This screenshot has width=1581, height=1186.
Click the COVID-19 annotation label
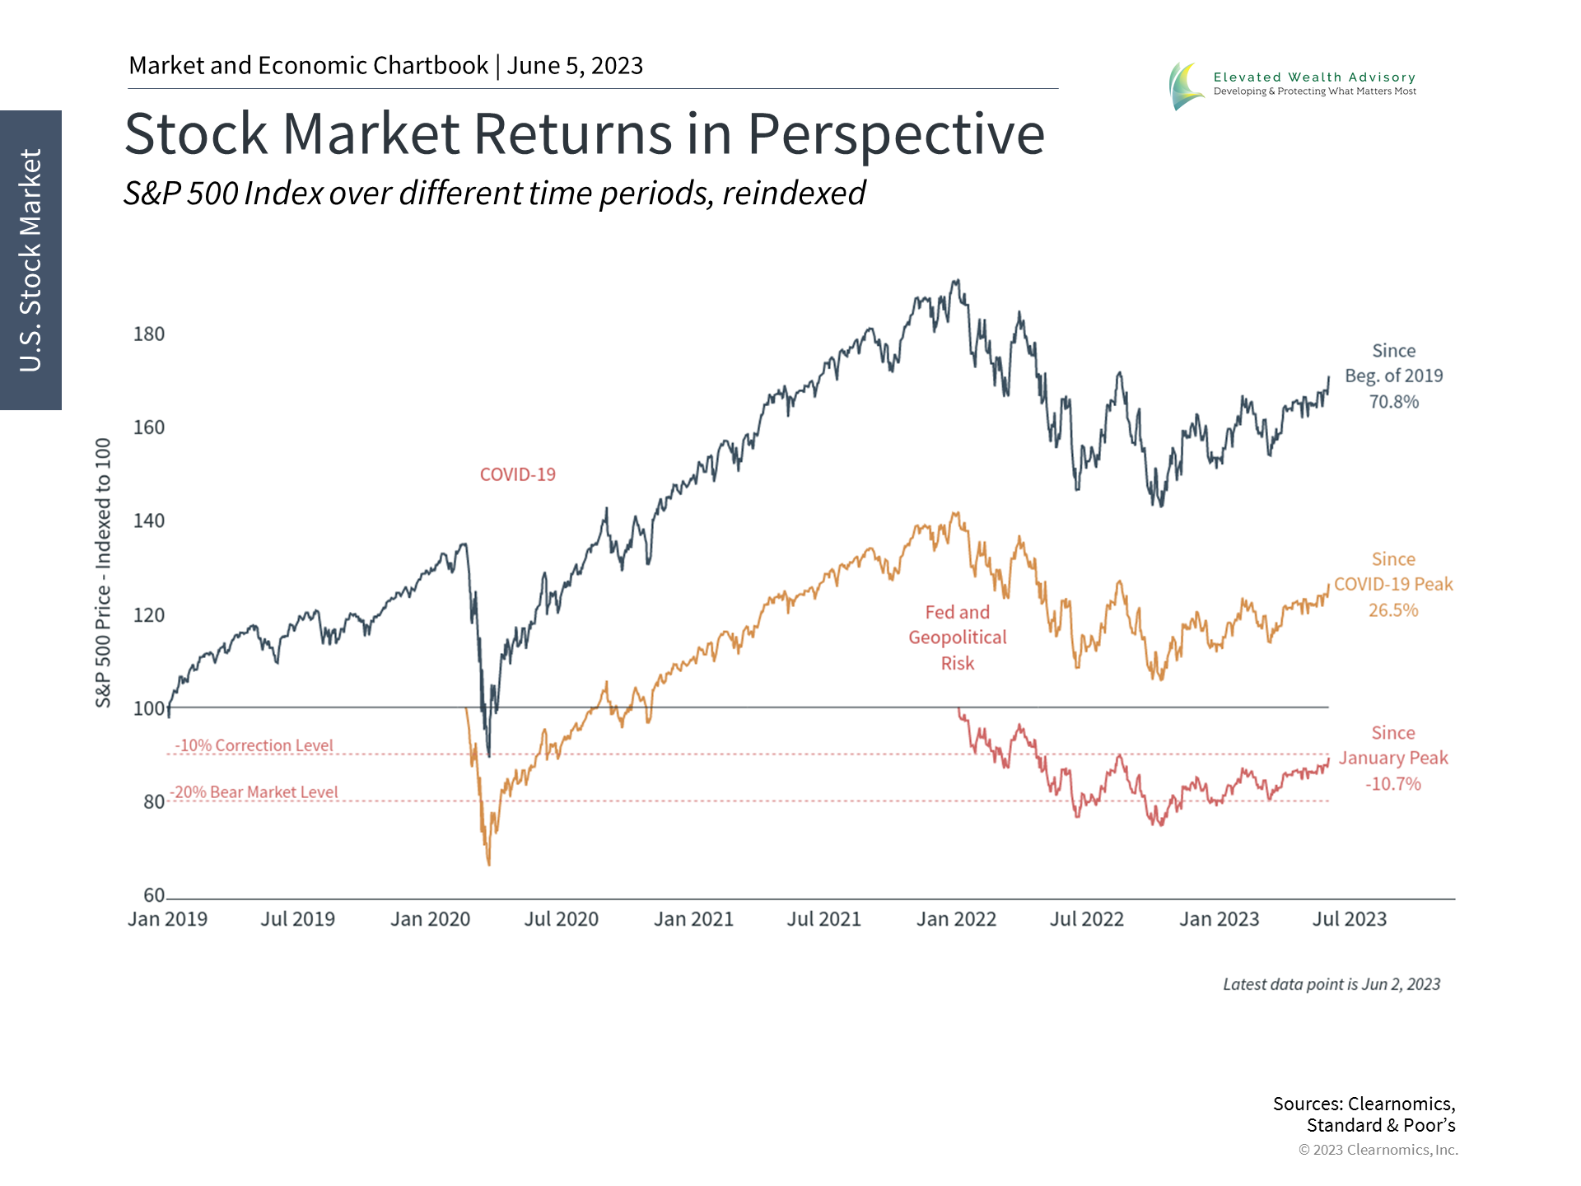(x=517, y=474)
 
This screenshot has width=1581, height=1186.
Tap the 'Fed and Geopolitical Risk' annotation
(x=957, y=637)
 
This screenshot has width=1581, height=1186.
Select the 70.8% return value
(x=1393, y=402)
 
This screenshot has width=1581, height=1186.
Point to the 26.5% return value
(x=1393, y=610)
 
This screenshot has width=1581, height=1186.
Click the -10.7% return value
(x=1392, y=784)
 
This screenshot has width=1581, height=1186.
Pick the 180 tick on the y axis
(x=149, y=334)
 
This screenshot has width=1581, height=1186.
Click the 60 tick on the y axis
(x=154, y=895)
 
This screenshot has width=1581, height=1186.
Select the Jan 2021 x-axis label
(x=693, y=919)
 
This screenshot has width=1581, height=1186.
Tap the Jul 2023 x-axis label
(x=1349, y=919)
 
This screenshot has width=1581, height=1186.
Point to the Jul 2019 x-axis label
(x=298, y=919)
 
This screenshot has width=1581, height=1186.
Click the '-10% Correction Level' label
(x=254, y=745)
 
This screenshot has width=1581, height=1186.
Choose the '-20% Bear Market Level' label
(x=254, y=792)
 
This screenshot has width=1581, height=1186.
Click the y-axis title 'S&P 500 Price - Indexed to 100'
(x=103, y=572)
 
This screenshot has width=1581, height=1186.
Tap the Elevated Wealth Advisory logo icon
(x=1186, y=86)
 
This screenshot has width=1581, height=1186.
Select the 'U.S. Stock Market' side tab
(x=30, y=260)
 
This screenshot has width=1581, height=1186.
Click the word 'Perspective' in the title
(x=896, y=133)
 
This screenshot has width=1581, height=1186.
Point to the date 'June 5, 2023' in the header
(x=575, y=66)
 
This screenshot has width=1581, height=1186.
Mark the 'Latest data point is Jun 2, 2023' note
(x=1331, y=984)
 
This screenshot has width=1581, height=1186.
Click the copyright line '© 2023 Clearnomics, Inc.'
(x=1378, y=1150)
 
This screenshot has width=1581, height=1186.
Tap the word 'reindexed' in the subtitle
(x=794, y=194)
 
